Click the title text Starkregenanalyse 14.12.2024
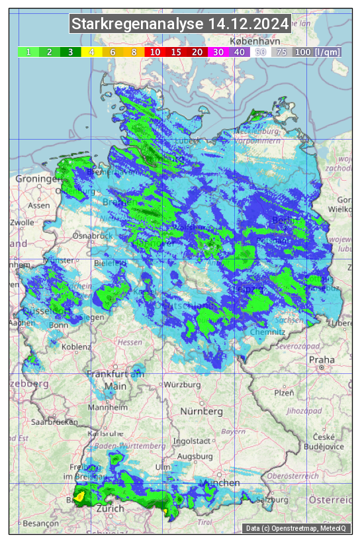click(x=180, y=24)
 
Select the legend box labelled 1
click(x=28, y=52)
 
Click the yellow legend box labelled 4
click(x=92, y=52)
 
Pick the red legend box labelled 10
click(x=154, y=52)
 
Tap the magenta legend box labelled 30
click(x=218, y=52)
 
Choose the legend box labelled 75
click(x=281, y=52)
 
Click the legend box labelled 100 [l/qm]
click(x=308, y=52)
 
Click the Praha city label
click(x=321, y=359)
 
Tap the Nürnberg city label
click(x=202, y=411)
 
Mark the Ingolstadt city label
click(x=193, y=441)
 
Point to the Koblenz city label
click(x=76, y=347)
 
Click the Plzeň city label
click(x=284, y=392)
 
